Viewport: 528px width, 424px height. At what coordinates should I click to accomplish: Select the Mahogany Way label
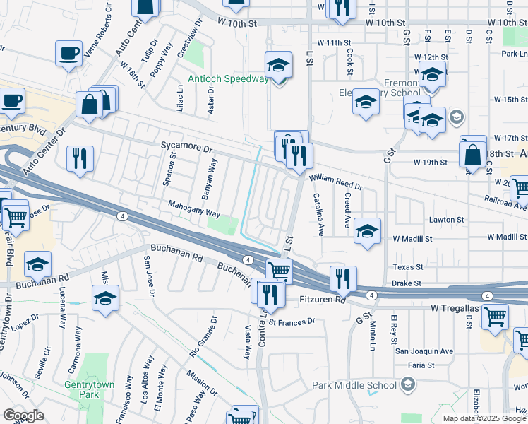click(194, 208)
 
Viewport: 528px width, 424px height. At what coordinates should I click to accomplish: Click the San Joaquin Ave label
click(424, 351)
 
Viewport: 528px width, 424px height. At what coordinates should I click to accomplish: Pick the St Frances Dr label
click(292, 322)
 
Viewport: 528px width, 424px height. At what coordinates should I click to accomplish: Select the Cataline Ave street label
click(318, 214)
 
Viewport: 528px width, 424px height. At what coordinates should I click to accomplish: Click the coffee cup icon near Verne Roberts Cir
click(69, 54)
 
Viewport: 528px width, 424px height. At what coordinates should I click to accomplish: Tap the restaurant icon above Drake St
click(343, 278)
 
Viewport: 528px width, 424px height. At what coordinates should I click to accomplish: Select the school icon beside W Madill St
click(367, 230)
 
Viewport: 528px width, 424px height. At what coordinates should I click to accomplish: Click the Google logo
click(23, 416)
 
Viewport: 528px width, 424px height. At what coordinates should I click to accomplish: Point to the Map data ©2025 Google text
click(484, 418)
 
